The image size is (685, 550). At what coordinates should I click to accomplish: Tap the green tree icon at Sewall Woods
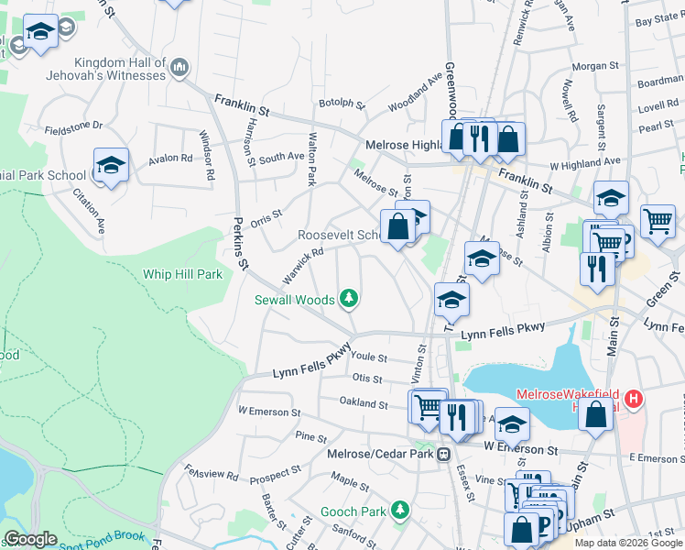click(348, 298)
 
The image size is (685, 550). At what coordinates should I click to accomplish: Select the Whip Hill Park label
click(182, 274)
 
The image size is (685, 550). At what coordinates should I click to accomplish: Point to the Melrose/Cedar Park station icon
click(444, 454)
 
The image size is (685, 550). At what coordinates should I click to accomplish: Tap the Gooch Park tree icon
click(399, 509)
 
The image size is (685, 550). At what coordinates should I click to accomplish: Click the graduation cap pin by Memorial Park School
click(111, 166)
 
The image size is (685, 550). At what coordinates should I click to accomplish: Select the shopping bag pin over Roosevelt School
click(398, 226)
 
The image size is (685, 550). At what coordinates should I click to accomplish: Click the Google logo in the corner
click(30, 539)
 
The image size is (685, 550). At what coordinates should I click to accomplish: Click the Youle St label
click(369, 357)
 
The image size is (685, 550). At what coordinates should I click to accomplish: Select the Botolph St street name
click(342, 103)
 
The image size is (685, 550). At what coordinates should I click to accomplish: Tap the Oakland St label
click(364, 402)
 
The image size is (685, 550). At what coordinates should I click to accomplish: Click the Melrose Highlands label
click(404, 145)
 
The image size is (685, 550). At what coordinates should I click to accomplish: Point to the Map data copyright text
click(627, 543)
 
